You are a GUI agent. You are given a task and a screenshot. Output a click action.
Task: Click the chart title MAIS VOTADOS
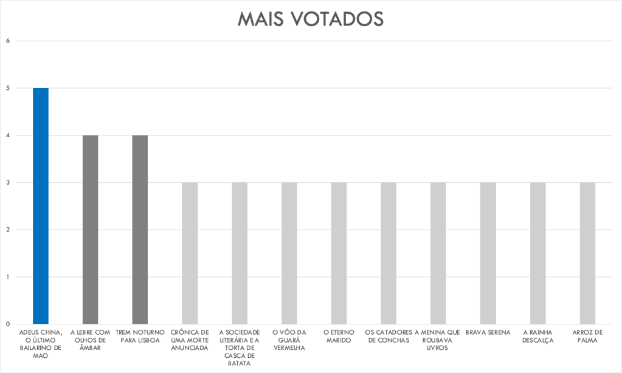pyautogui.click(x=310, y=19)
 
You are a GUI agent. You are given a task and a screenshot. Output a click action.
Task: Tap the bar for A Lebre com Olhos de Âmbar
pyautogui.click(x=91, y=229)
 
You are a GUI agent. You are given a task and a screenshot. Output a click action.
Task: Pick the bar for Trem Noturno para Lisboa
pyautogui.click(x=140, y=229)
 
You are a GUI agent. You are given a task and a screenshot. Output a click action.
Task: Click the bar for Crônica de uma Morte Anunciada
pyautogui.click(x=190, y=253)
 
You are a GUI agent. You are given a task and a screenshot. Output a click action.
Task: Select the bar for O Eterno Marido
pyautogui.click(x=339, y=253)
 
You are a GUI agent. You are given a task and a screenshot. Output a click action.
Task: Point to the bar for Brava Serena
pyautogui.click(x=488, y=253)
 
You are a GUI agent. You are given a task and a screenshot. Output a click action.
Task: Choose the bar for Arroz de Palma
pyautogui.click(x=587, y=253)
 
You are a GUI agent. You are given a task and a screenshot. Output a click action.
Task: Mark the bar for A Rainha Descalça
pyautogui.click(x=537, y=253)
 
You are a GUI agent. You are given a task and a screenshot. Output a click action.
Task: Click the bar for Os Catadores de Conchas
pyautogui.click(x=389, y=253)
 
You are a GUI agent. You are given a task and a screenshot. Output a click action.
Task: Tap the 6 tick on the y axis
pyautogui.click(x=9, y=41)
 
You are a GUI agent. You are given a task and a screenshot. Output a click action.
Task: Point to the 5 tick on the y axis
pyautogui.click(x=9, y=88)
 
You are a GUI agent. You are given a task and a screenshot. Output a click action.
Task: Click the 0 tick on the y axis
pyautogui.click(x=9, y=324)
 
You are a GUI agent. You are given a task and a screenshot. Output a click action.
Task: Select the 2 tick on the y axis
pyautogui.click(x=9, y=230)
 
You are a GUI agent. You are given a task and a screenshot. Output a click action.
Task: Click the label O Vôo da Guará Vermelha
pyautogui.click(x=289, y=340)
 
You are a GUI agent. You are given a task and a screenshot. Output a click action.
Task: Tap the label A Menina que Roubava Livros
pyautogui.click(x=438, y=340)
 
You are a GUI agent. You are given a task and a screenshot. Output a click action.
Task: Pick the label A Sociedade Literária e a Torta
pyautogui.click(x=240, y=347)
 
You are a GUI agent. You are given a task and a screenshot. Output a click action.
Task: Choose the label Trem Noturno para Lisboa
pyautogui.click(x=140, y=337)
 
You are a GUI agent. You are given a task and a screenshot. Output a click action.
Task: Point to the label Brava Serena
pyautogui.click(x=488, y=333)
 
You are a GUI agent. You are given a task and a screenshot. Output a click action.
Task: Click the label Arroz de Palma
pyautogui.click(x=587, y=337)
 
